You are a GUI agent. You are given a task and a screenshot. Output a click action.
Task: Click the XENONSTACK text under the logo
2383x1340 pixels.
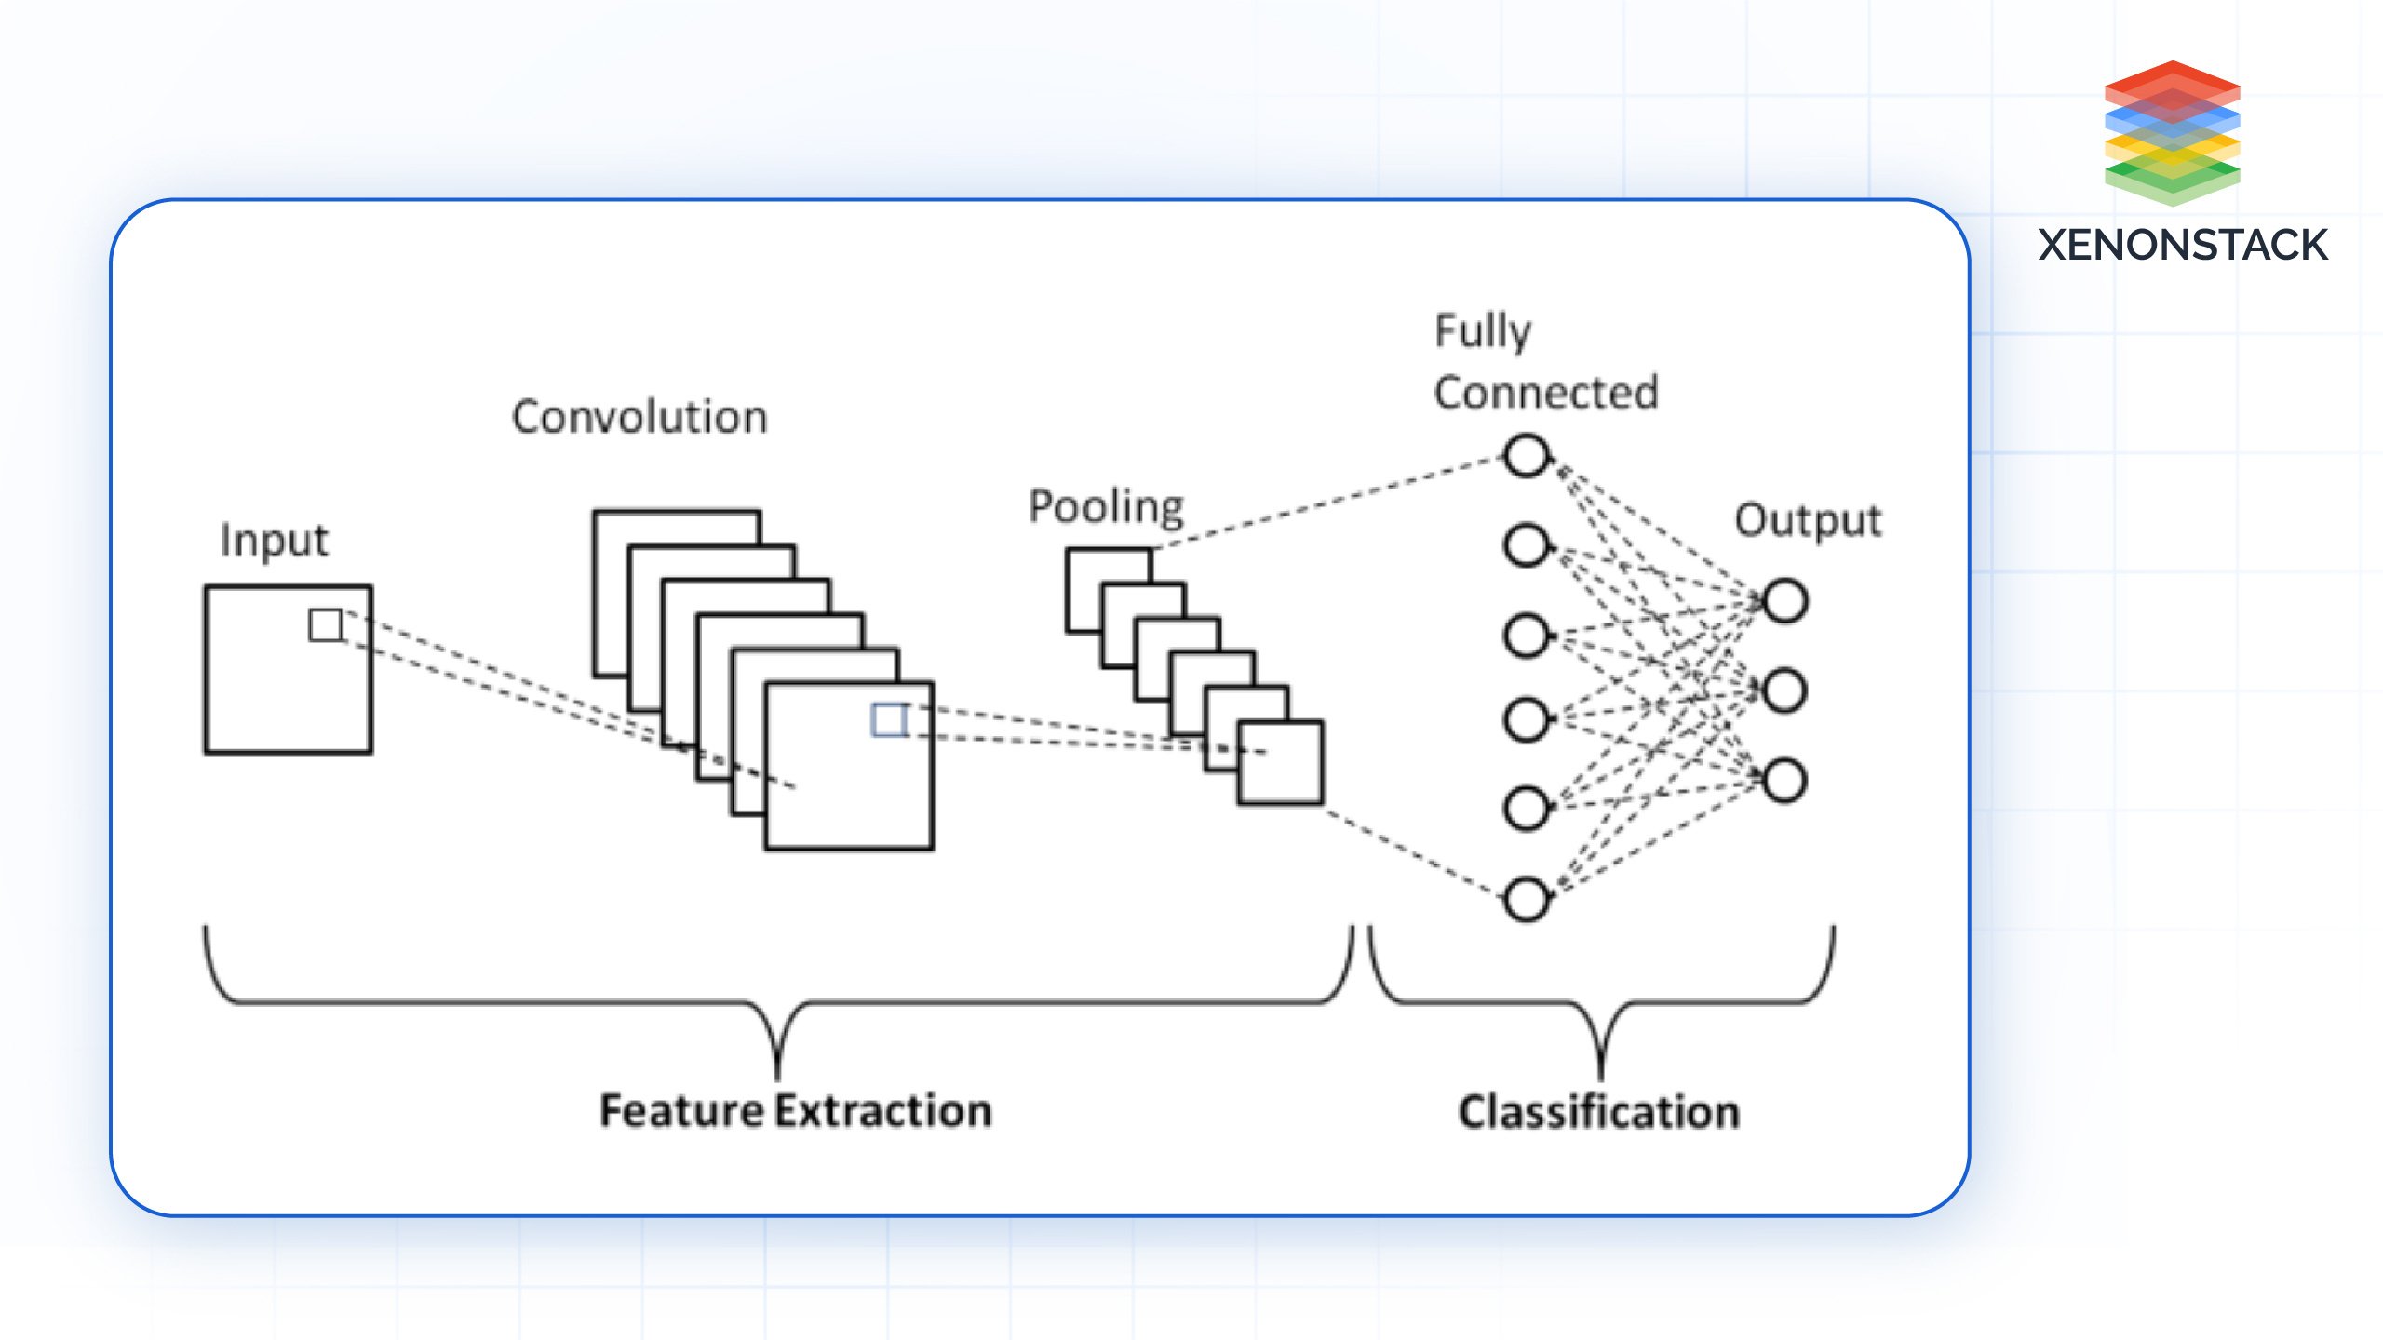point(2182,246)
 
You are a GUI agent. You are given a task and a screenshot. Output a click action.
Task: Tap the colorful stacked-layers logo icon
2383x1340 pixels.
point(2172,132)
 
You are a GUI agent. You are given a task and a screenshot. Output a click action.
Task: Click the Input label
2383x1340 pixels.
point(275,541)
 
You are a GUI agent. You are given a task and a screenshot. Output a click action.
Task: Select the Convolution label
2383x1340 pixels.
point(640,417)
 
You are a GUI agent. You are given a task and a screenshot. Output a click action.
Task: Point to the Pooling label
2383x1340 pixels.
point(1106,507)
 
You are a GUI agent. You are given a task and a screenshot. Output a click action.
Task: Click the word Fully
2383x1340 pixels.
point(1483,332)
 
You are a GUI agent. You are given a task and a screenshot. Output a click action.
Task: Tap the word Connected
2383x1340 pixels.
point(1546,393)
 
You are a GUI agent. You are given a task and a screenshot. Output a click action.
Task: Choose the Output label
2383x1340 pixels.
point(1808,521)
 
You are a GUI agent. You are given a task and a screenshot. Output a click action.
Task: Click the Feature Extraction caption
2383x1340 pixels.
point(796,1111)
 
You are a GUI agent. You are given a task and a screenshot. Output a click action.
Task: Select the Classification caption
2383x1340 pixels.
point(1599,1113)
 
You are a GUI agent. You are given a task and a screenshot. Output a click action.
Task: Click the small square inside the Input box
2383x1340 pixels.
point(326,625)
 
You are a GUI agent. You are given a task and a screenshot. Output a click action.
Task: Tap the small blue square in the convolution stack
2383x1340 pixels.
point(889,720)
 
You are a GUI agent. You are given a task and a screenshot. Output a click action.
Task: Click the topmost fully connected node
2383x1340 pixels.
point(1527,456)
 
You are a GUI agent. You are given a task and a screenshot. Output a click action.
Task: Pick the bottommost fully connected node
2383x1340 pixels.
point(1527,899)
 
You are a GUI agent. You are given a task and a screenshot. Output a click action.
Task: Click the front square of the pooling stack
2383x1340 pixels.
point(1281,763)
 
